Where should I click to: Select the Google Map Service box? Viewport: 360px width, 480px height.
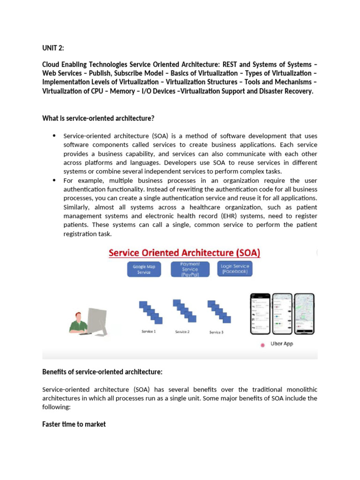pos(144,269)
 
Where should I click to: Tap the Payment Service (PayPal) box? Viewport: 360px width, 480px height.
pos(189,269)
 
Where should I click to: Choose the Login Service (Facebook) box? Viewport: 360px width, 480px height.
pos(235,269)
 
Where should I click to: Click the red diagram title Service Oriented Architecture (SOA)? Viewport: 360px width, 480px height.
pos(184,253)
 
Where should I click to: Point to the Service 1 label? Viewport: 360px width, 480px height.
pos(149,331)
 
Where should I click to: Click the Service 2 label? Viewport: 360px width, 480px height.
pos(182,332)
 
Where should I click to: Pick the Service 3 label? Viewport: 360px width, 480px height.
pos(216,332)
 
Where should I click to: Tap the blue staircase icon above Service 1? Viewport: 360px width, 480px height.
pos(150,312)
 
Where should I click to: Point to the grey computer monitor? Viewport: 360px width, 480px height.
pos(97,321)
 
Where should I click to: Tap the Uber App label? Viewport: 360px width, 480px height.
pos(282,344)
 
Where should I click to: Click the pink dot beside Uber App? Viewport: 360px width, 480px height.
pos(262,345)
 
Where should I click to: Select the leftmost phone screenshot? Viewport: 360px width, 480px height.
pos(260,314)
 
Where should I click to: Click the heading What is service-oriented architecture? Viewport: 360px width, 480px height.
pos(98,118)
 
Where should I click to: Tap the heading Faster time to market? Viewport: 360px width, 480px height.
pos(74,424)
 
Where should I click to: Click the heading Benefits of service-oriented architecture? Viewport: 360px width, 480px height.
pos(102,372)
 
